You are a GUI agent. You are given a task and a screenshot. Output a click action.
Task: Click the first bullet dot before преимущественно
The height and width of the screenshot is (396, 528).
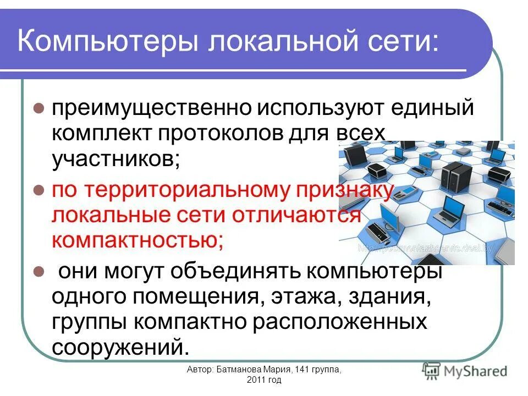click(x=38, y=108)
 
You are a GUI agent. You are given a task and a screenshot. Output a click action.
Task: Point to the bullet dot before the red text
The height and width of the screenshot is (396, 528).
click(x=38, y=191)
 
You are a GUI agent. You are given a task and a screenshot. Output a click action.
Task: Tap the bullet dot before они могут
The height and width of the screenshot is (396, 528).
click(x=38, y=271)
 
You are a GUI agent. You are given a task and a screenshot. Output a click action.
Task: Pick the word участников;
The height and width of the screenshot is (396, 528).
click(x=116, y=159)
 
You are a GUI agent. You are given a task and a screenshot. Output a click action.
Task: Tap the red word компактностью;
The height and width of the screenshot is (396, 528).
click(x=137, y=240)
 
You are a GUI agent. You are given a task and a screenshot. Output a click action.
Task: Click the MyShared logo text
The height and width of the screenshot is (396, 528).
click(x=476, y=371)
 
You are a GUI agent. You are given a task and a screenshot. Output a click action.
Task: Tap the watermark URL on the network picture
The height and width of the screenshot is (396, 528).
click(x=426, y=248)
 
